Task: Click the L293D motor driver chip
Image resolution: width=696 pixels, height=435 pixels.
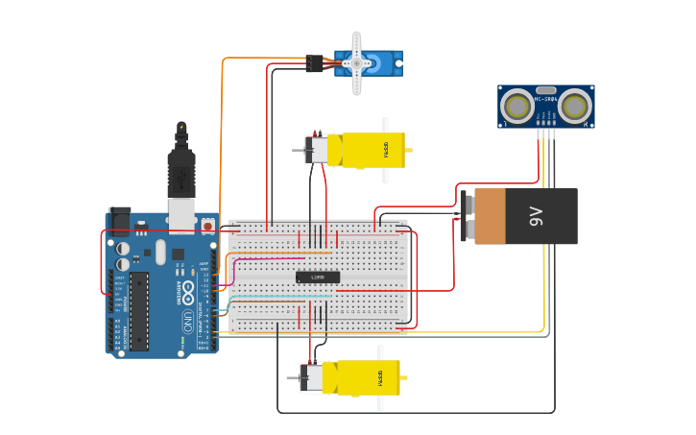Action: tap(318, 278)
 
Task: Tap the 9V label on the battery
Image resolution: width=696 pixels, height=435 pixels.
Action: tap(536, 217)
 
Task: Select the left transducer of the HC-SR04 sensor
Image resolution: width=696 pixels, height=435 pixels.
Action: tap(518, 105)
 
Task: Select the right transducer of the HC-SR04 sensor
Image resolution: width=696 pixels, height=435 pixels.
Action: tap(574, 105)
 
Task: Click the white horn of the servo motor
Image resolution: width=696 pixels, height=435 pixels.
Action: tap(357, 63)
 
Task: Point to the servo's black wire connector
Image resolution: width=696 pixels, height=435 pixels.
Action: tap(314, 63)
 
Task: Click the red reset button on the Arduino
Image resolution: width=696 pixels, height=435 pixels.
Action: tap(207, 225)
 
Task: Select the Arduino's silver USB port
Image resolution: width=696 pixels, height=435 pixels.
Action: tap(181, 216)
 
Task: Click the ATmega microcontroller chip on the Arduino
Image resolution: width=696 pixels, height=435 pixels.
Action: tap(140, 311)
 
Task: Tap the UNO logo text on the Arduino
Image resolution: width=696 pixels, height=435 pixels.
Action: tap(185, 318)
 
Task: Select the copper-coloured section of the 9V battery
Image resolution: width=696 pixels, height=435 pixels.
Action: tap(490, 217)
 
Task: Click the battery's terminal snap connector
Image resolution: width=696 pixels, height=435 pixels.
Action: tap(467, 217)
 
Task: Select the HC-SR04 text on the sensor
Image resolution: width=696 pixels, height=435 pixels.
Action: tap(546, 99)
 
